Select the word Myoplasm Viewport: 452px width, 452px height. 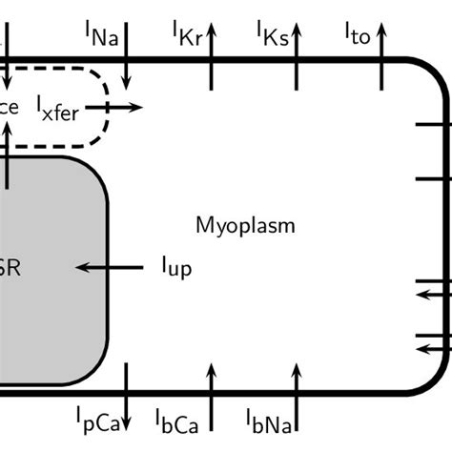tap(245, 226)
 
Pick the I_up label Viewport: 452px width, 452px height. tap(175, 268)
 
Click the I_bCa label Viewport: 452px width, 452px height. tap(177, 418)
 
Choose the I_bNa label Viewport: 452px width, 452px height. tap(269, 418)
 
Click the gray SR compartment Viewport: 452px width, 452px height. tap(48, 267)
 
